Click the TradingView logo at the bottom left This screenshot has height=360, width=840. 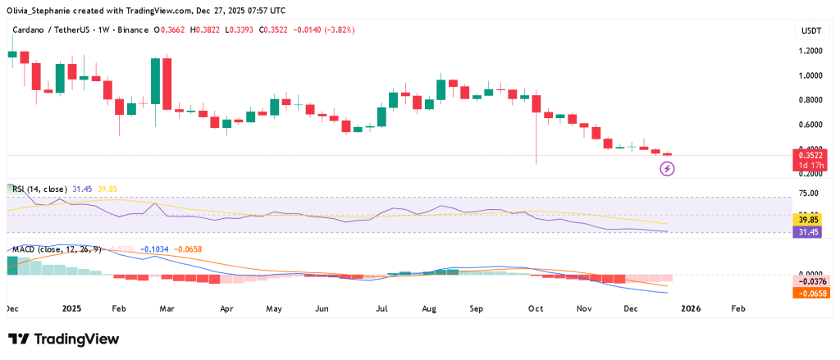click(63, 339)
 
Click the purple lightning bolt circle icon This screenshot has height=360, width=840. click(668, 169)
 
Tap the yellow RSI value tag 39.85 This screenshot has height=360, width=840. click(809, 220)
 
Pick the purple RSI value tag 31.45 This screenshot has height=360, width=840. click(809, 232)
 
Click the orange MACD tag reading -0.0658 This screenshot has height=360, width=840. click(809, 293)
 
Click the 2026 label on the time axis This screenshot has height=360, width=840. click(691, 309)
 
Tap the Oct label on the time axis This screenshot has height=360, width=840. click(536, 309)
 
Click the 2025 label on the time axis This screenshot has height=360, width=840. click(72, 309)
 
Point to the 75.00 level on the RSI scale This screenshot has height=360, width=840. click(809, 194)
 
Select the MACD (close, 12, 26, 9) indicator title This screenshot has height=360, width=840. click(55, 248)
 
